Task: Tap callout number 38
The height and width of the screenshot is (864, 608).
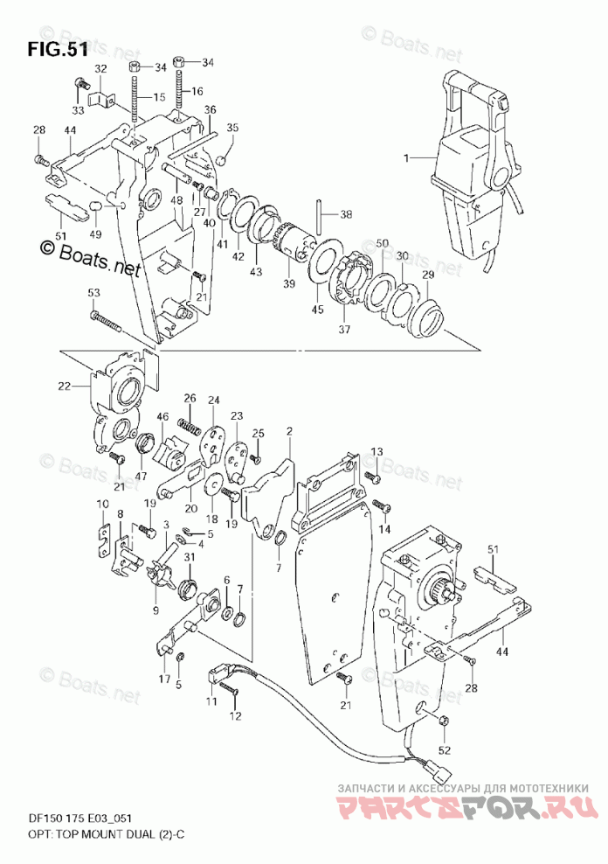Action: tap(346, 213)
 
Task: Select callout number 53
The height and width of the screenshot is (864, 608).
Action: tap(93, 291)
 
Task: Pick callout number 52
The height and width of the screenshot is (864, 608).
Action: tap(445, 749)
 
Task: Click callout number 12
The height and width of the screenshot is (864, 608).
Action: tap(234, 717)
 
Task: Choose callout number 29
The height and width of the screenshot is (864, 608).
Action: tap(427, 275)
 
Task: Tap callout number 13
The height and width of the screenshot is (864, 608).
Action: tap(377, 450)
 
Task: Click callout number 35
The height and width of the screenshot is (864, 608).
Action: tap(232, 128)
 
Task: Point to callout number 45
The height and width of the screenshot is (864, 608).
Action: tap(317, 308)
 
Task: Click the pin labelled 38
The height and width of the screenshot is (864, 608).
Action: tap(322, 213)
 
